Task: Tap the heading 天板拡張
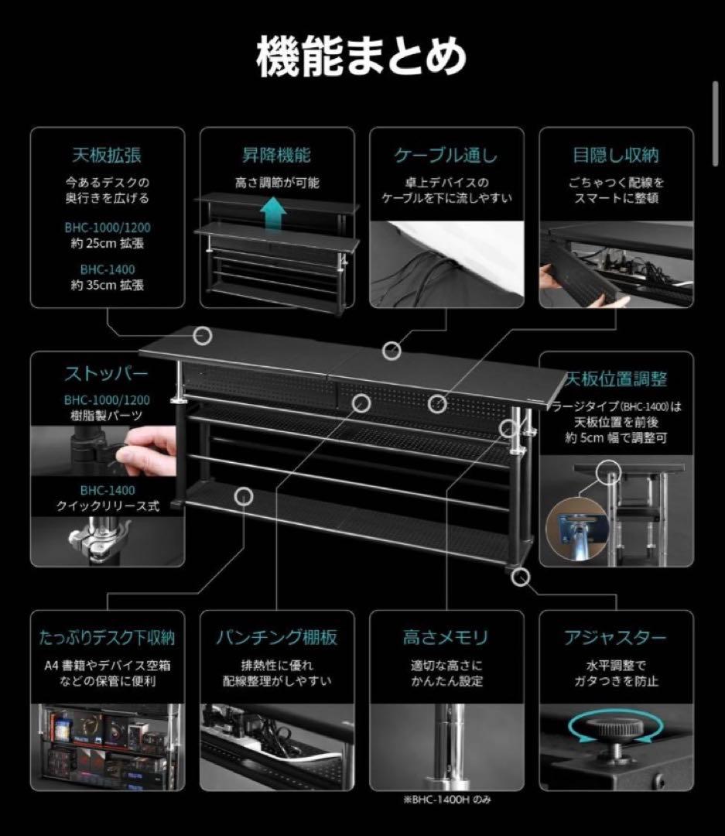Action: point(107,155)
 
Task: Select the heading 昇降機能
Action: point(276,155)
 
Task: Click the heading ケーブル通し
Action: point(446,155)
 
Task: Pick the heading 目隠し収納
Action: point(615,155)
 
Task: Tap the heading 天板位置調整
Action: point(616,379)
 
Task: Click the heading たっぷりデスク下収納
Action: point(107,638)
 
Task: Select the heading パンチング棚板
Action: point(276,638)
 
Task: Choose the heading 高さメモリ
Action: point(446,638)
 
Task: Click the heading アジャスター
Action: point(615,638)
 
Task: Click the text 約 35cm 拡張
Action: point(107,284)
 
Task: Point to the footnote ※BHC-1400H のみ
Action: point(446,800)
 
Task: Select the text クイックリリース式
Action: point(107,506)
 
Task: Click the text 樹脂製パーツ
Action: point(107,416)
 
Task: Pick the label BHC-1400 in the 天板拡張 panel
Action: point(107,269)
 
